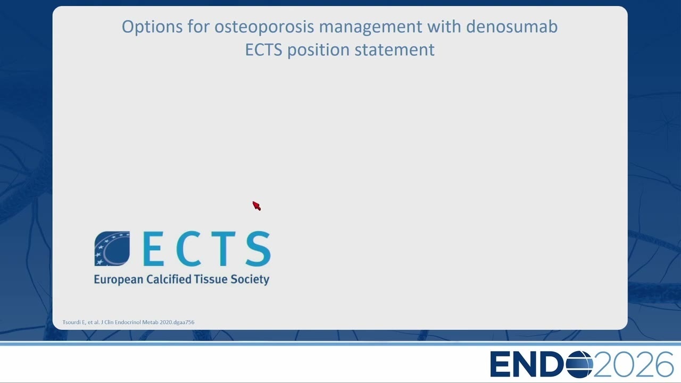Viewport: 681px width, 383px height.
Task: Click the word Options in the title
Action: [152, 27]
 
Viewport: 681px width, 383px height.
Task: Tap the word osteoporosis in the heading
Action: [264, 27]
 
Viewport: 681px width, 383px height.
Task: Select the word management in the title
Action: [370, 27]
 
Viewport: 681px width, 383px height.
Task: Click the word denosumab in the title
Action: [512, 26]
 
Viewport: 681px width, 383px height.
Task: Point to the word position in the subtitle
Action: [319, 50]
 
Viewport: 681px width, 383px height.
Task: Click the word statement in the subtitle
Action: [395, 50]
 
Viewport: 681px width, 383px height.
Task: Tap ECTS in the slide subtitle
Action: [263, 50]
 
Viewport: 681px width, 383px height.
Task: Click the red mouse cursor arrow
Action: [256, 205]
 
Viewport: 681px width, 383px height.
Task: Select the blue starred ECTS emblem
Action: [112, 248]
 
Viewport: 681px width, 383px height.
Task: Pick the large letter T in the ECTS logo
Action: [223, 248]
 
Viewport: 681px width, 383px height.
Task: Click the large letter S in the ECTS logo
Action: [259, 248]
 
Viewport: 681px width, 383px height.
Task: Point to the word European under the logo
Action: [118, 280]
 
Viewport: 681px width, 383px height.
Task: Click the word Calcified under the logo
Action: [169, 279]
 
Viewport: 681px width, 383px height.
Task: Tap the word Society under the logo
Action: [250, 280]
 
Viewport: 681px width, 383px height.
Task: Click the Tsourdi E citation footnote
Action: [128, 322]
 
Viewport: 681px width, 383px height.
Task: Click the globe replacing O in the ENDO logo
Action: [580, 364]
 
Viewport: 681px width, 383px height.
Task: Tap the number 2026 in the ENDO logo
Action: [633, 364]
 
